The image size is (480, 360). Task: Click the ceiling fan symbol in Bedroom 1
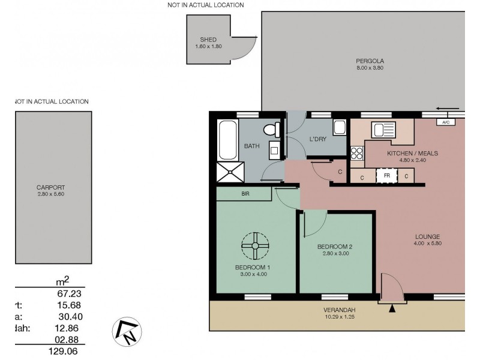(255, 245)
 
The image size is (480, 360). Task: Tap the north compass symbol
(127, 329)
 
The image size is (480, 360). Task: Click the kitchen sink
(382, 130)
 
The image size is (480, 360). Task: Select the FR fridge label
(387, 176)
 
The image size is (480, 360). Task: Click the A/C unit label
(445, 122)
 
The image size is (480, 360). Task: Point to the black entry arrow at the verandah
(392, 308)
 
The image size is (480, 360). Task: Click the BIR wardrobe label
(245, 194)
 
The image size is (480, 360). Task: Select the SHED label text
(208, 40)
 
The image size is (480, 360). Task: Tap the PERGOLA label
(370, 61)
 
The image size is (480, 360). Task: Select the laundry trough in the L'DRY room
(340, 128)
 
